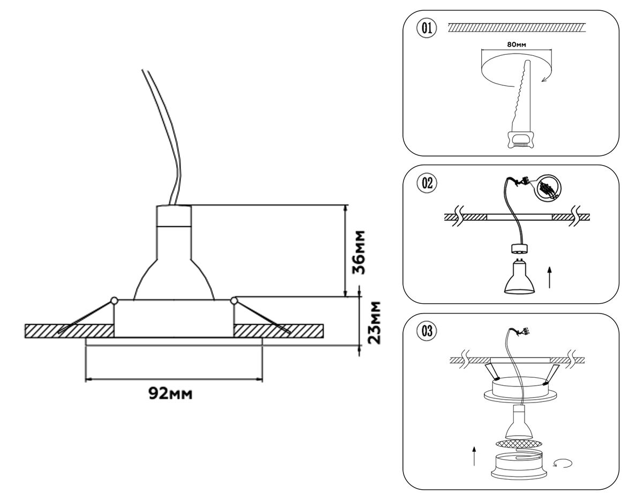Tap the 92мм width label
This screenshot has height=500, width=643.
pos(170,394)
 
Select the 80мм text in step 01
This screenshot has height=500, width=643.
pos(515,44)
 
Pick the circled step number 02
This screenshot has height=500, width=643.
pos(427,183)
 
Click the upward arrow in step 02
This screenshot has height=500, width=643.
pos(550,278)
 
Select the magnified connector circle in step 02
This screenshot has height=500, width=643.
pos(550,189)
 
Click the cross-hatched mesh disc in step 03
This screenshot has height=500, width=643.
pos(518,444)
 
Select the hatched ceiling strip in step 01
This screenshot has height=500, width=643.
pos(517,27)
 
